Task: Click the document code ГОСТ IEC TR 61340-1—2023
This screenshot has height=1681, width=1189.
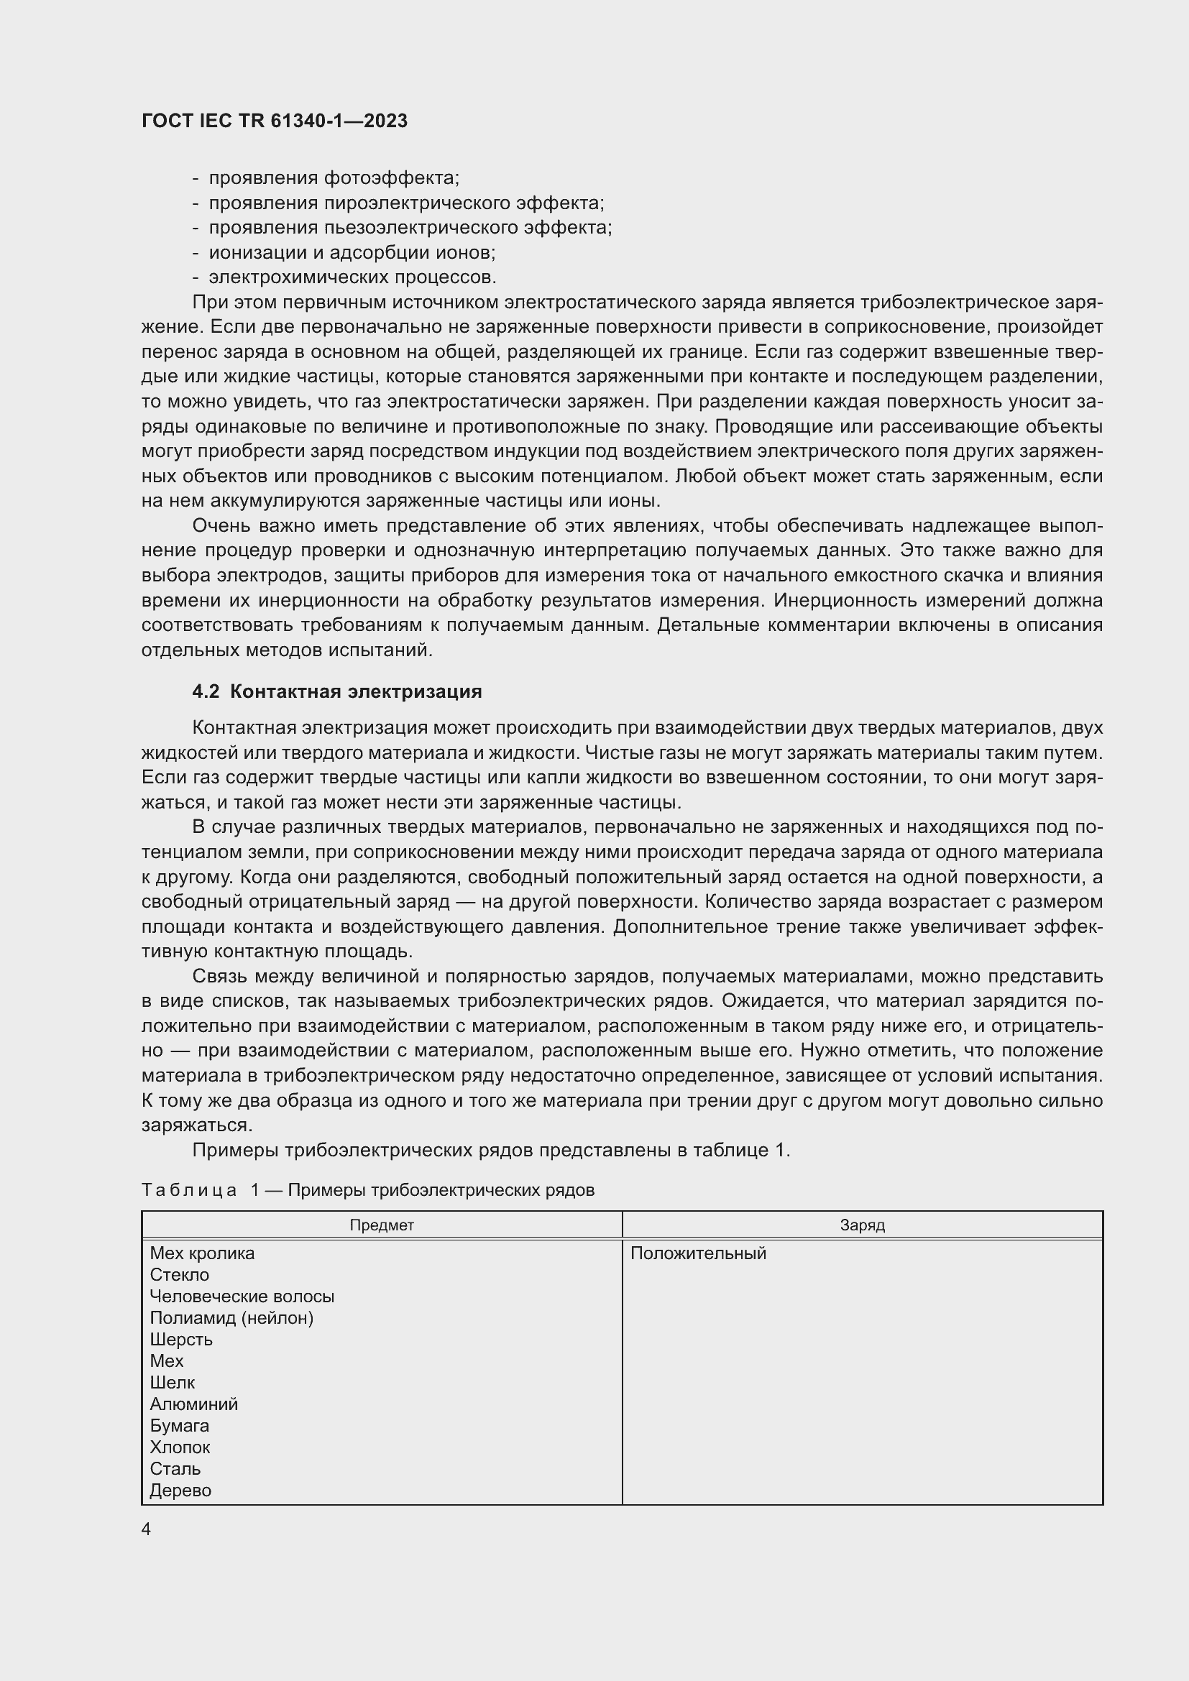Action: click(x=275, y=121)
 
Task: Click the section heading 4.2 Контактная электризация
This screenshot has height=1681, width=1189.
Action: click(x=336, y=691)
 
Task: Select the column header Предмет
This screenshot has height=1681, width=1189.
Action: click(x=382, y=1225)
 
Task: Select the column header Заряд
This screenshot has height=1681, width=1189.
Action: click(x=863, y=1225)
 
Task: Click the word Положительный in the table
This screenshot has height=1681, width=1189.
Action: click(x=698, y=1253)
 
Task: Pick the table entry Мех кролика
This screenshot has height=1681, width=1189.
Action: click(x=202, y=1253)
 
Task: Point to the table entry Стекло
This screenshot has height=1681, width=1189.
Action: click(x=180, y=1275)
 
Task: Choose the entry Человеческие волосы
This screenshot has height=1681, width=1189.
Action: click(x=242, y=1296)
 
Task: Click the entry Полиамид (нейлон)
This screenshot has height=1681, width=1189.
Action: click(x=231, y=1318)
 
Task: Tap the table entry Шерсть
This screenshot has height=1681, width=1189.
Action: click(x=181, y=1339)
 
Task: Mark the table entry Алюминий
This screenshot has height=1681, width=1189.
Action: click(x=193, y=1404)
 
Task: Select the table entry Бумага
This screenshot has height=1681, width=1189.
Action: click(x=180, y=1425)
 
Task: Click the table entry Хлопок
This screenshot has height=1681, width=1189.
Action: click(x=180, y=1447)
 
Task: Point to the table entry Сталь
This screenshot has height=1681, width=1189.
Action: click(x=175, y=1469)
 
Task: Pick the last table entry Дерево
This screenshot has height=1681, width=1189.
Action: click(x=180, y=1490)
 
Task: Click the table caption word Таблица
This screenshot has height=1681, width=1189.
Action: click(x=189, y=1189)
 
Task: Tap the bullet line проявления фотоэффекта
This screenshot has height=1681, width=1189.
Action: click(x=334, y=178)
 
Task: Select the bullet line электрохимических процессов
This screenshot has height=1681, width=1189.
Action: click(x=352, y=277)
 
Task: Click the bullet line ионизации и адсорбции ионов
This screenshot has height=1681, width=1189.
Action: click(x=352, y=252)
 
